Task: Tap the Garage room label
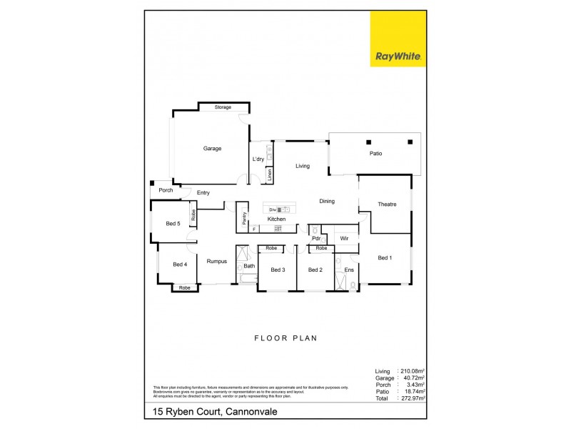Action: (212, 149)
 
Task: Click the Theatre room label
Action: (387, 204)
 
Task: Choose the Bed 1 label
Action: (385, 257)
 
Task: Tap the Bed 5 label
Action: (173, 224)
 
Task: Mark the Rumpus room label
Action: (216, 262)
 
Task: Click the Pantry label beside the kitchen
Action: (244, 219)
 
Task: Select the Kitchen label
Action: (276, 219)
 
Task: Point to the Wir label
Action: (343, 237)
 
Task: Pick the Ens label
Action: (349, 270)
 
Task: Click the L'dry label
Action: (258, 159)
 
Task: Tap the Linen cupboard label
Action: (269, 174)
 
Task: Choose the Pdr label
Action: (315, 238)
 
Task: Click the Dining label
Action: (326, 201)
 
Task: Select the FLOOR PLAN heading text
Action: (285, 338)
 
